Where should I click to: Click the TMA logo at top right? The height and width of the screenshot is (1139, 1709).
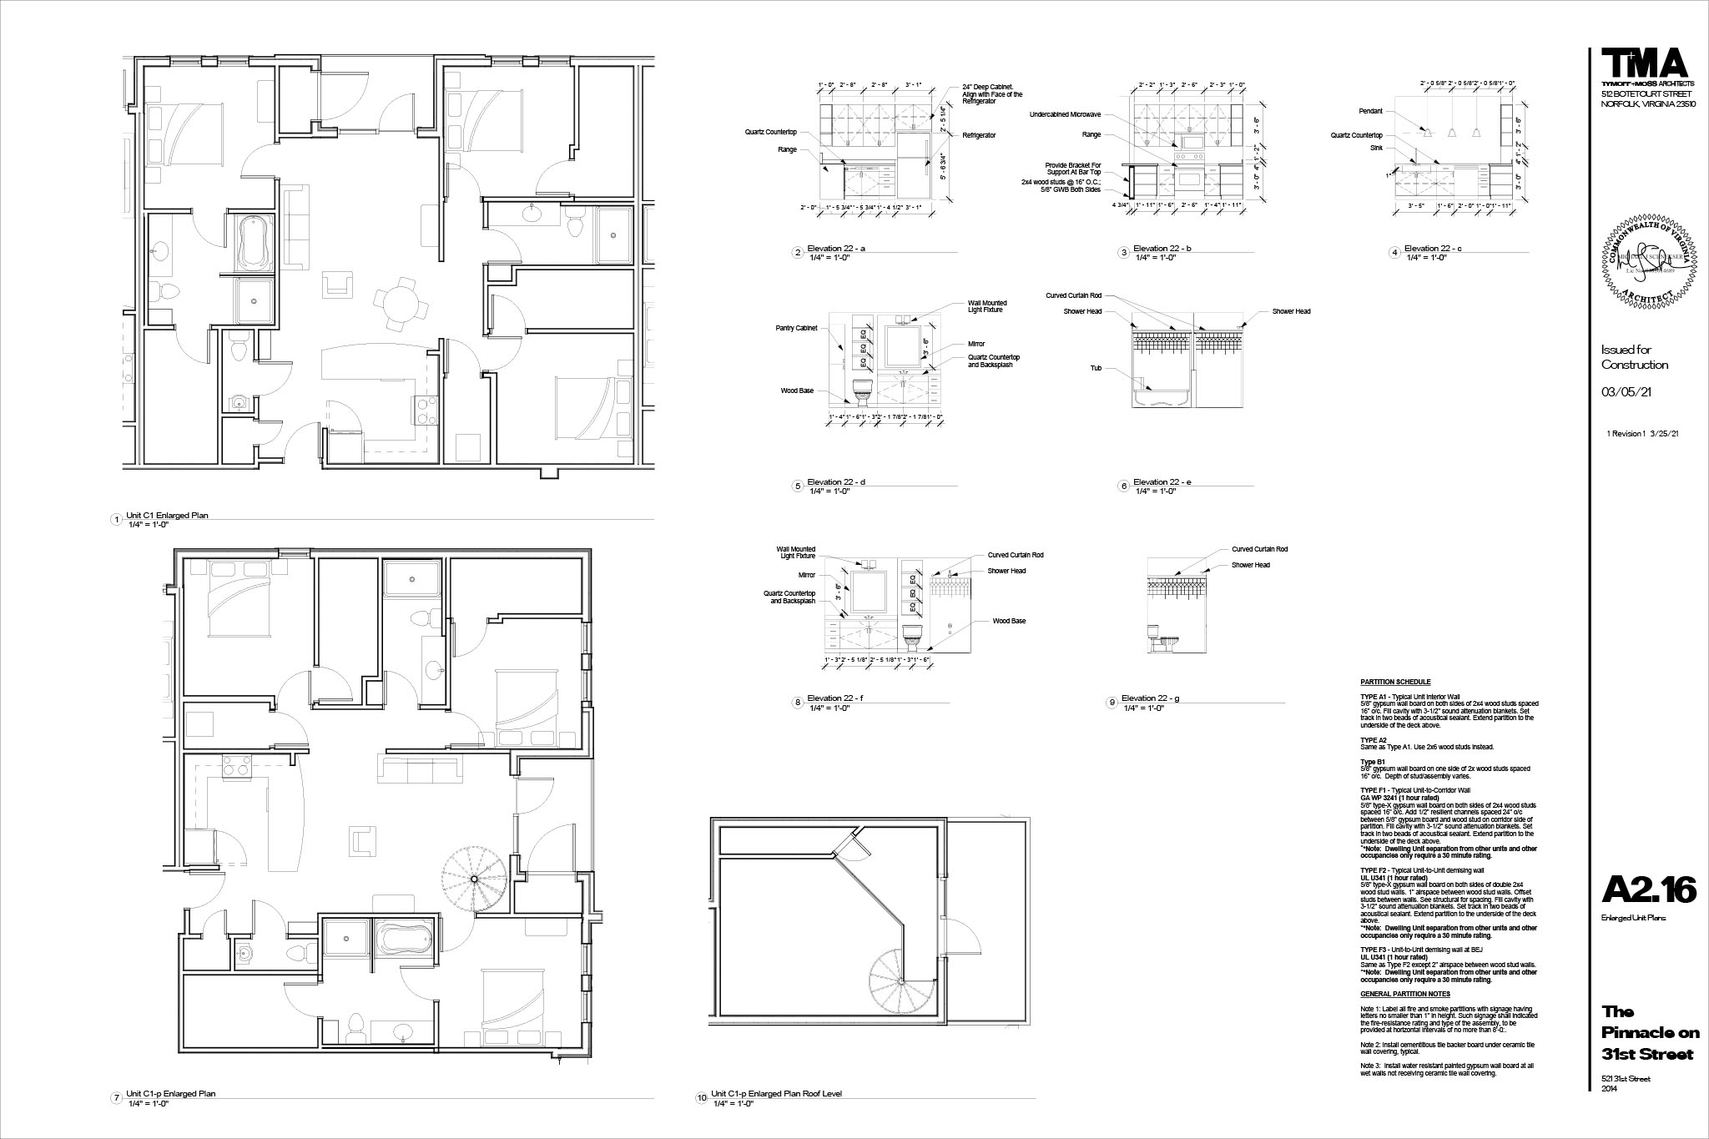coord(1643,64)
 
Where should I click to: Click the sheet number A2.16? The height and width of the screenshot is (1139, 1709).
coord(1648,891)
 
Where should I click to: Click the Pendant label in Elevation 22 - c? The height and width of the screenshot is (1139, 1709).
coord(1370,111)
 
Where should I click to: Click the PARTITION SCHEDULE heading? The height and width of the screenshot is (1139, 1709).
coord(1394,683)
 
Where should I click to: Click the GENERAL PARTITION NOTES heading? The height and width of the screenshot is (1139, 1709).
coord(1404,994)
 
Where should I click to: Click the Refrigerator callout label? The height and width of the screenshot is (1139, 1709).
coord(979,135)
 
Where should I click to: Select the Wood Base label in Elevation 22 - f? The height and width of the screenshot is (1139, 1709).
coord(1009,621)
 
